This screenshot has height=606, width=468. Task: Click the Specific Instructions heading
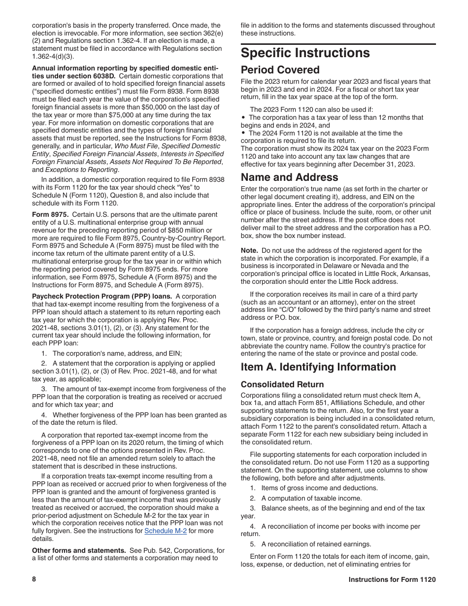coord(305,53)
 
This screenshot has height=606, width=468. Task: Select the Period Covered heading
coord(280,70)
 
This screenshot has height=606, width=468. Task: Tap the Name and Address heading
coord(289,177)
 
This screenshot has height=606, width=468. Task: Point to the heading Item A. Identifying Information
coord(318,367)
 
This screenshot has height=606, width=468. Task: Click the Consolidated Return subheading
coord(282,384)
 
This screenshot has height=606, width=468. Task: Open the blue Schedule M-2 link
coord(165,531)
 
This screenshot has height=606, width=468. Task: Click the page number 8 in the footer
coord(34,579)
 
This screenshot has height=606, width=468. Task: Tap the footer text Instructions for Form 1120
coord(392,580)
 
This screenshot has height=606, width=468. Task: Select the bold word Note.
coord(249,251)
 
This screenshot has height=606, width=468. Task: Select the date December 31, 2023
coord(385,165)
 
